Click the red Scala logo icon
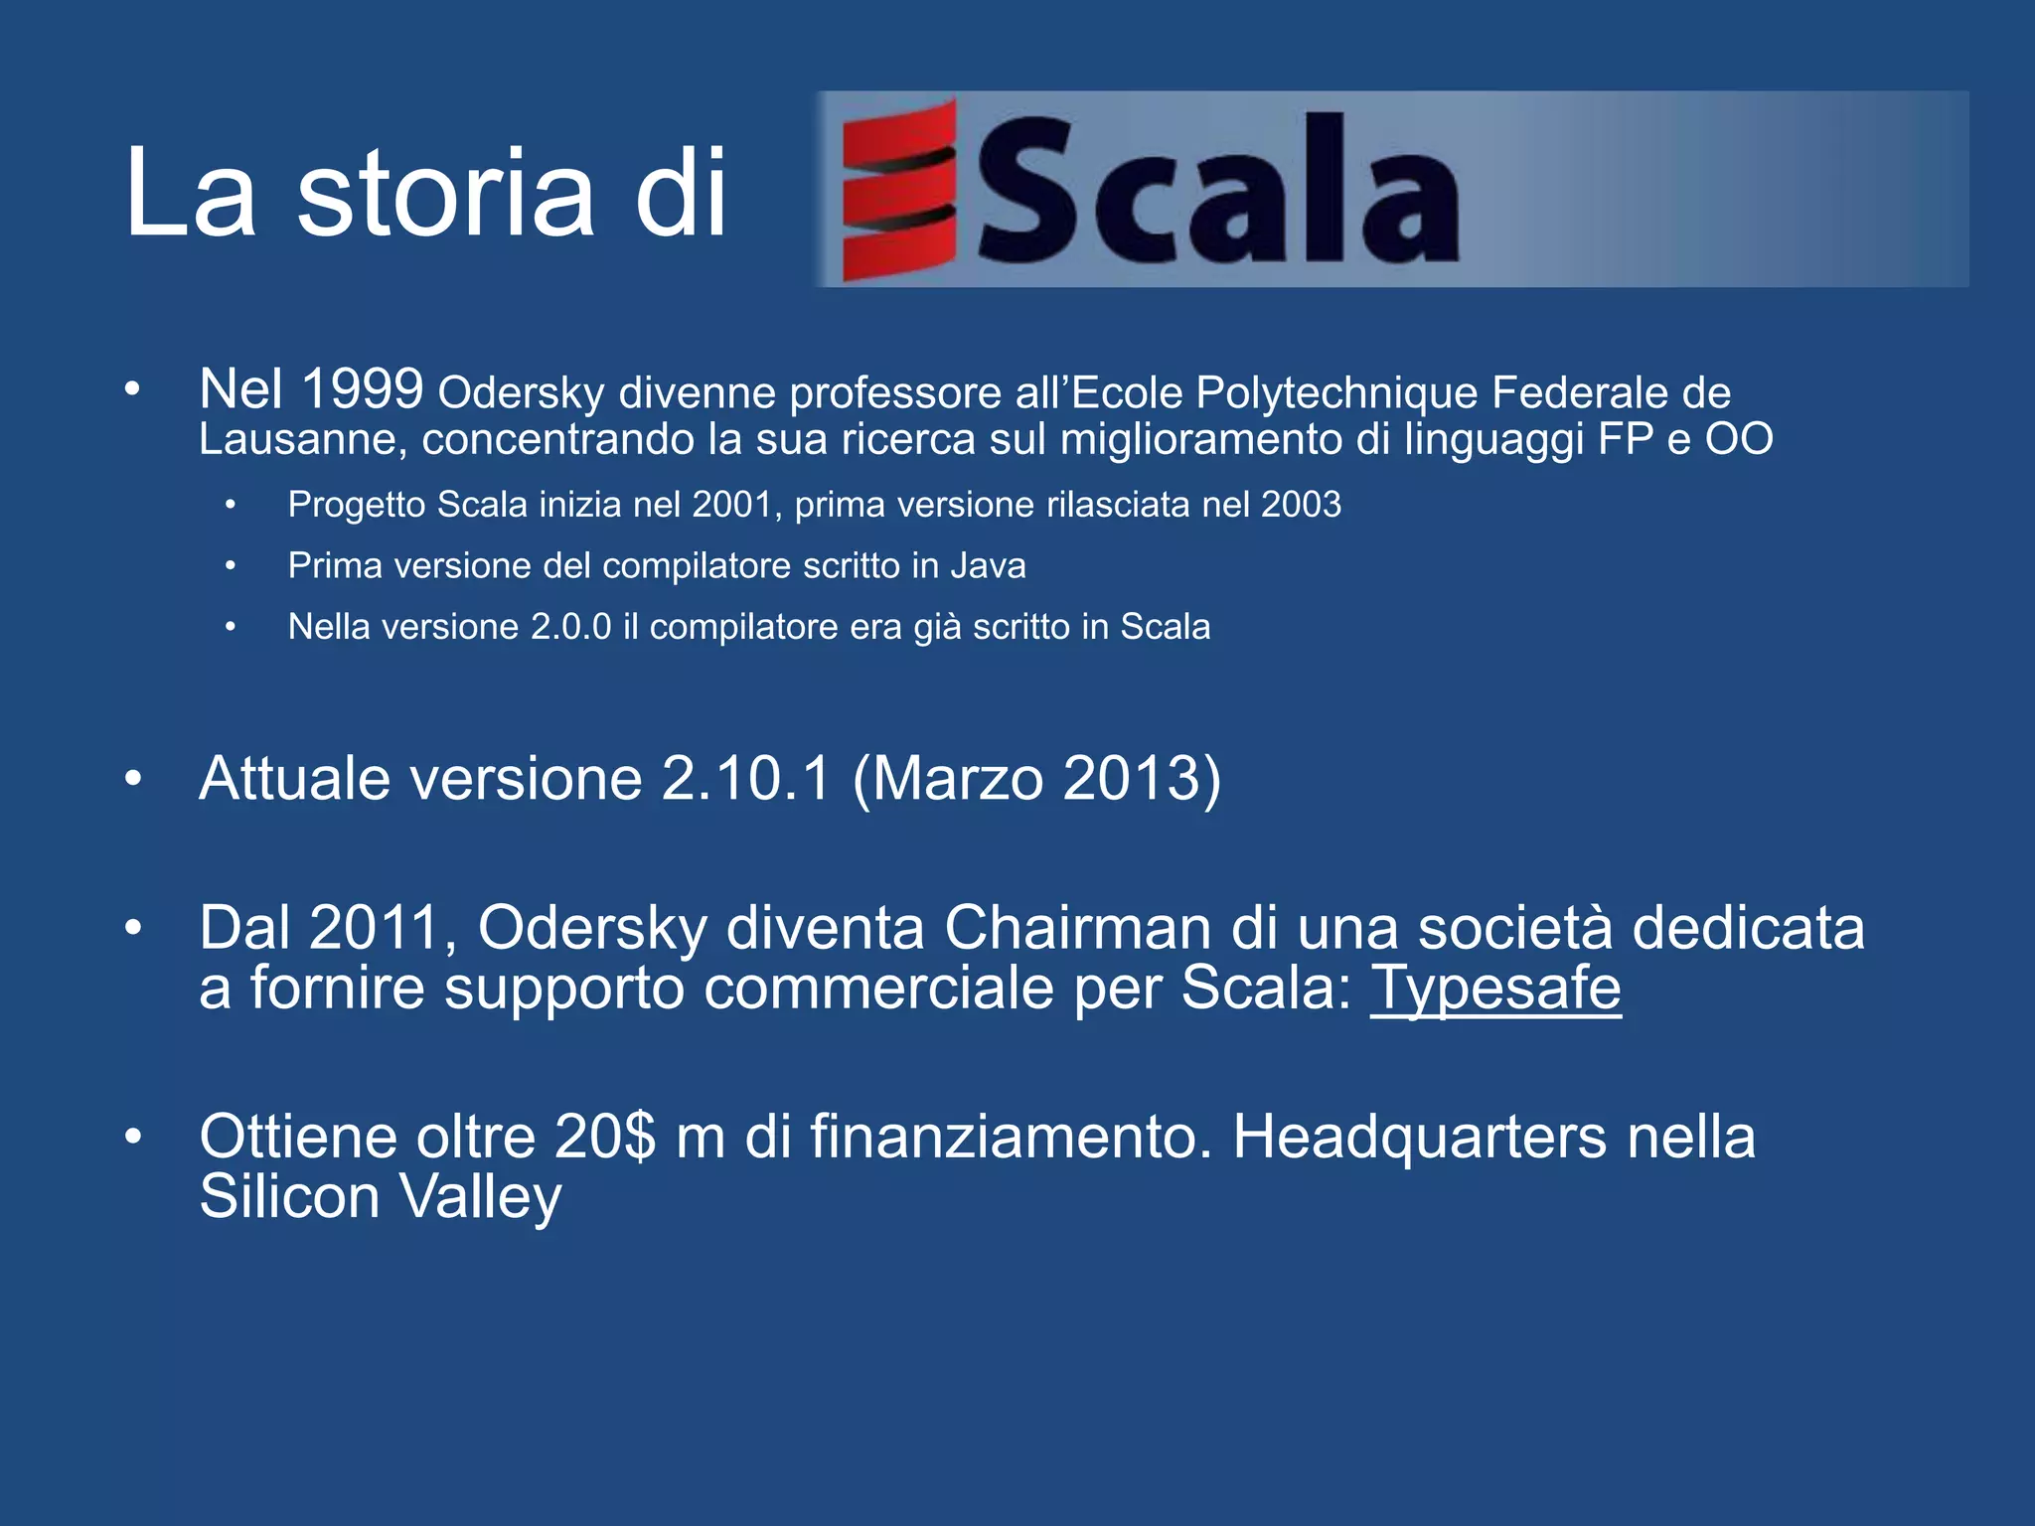pos(899,189)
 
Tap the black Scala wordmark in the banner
pos(1218,191)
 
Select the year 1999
pos(362,388)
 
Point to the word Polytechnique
pos(1336,393)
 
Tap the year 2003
pos(1301,505)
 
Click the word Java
pos(988,566)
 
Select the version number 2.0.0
pos(570,628)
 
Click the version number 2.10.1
pos(745,778)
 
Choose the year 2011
pos(375,928)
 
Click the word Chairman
pos(1077,928)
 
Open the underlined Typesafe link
pos(1495,989)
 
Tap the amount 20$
pos(605,1137)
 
